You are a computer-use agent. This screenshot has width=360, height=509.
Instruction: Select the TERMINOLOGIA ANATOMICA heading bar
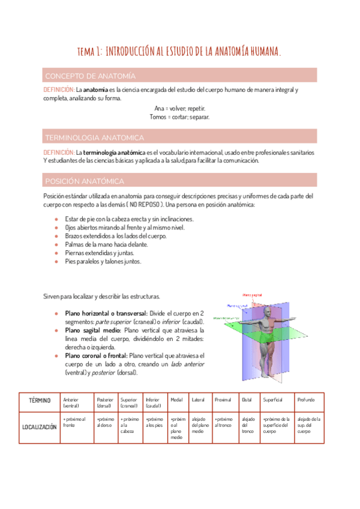[x=94, y=137]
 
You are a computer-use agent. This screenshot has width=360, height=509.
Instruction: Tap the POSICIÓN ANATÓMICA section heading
[x=85, y=181]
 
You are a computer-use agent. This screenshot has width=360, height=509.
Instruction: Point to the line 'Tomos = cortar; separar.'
[x=179, y=117]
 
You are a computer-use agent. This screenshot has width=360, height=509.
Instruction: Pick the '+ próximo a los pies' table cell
[x=154, y=422]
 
